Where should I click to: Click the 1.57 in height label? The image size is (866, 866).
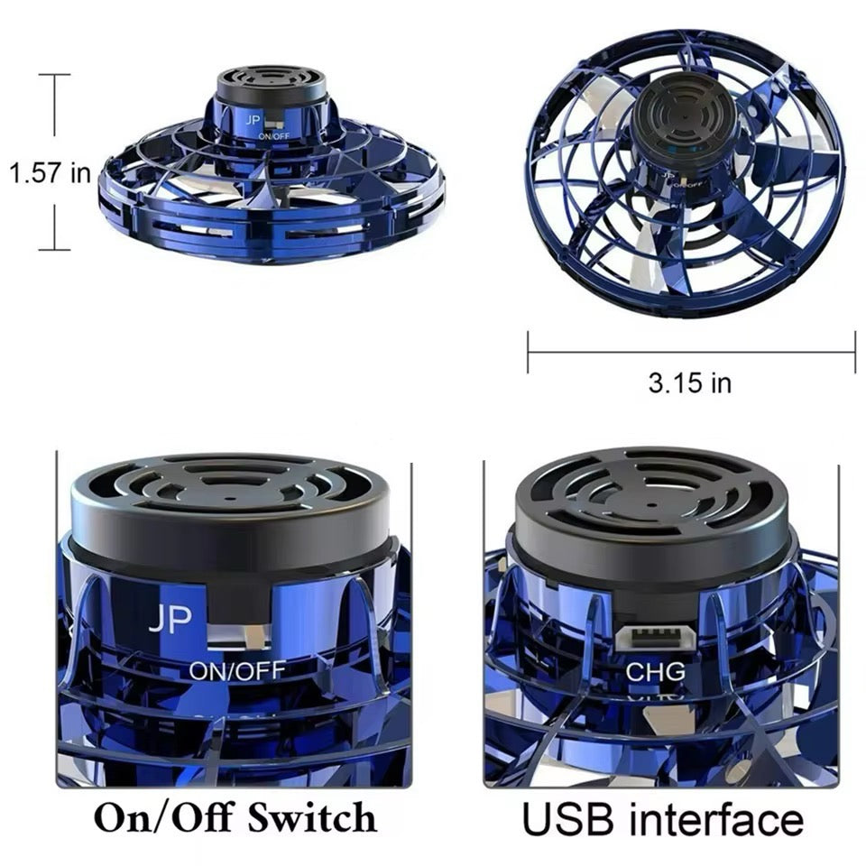coord(50,171)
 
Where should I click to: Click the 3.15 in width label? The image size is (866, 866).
coord(689,382)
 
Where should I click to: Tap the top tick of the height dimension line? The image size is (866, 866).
coord(54,75)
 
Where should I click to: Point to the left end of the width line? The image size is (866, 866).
coord(529,351)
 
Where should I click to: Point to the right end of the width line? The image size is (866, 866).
coord(854,351)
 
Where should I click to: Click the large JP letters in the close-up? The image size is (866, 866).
coord(170,620)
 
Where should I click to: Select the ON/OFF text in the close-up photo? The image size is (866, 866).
coord(237,670)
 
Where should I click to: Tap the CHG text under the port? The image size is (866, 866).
coord(656,671)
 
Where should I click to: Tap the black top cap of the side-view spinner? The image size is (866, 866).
coord(271,86)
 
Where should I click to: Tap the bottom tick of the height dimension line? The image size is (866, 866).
coord(54,249)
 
